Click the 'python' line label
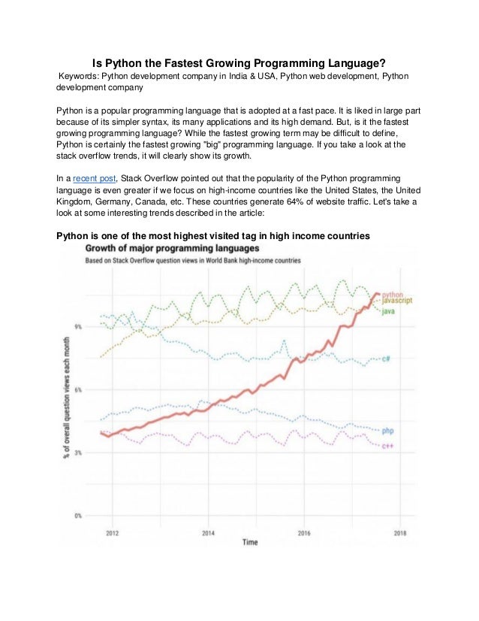[392, 294]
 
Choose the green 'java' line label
[388, 311]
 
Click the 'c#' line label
[385, 358]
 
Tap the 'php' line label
[387, 431]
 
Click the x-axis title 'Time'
[250, 542]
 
